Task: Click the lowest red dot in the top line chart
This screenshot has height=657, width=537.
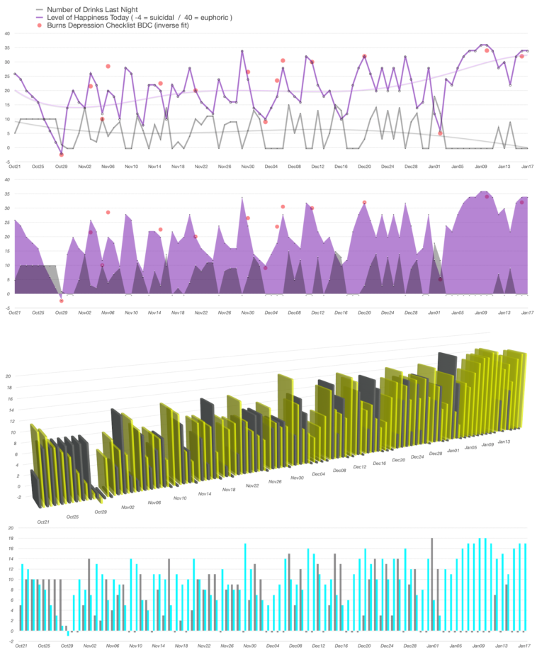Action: [x=62, y=154]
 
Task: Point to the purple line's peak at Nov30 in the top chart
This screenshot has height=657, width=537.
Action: [x=242, y=51]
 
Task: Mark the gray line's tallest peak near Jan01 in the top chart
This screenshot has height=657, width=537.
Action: [x=434, y=96]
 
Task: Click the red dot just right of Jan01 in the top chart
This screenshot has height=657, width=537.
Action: [x=440, y=133]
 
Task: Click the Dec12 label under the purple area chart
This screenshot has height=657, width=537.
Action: [x=317, y=313]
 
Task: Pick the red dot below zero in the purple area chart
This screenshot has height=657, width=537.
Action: [x=62, y=301]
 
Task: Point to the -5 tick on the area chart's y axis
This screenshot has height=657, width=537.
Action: [x=6, y=308]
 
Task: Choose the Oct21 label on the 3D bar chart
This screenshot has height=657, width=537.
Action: [x=43, y=522]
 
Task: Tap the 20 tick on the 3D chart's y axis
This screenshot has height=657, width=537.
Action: [x=8, y=376]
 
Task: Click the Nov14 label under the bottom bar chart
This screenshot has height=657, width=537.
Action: [x=159, y=646]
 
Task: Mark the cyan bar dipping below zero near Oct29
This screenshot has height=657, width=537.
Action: [x=68, y=633]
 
